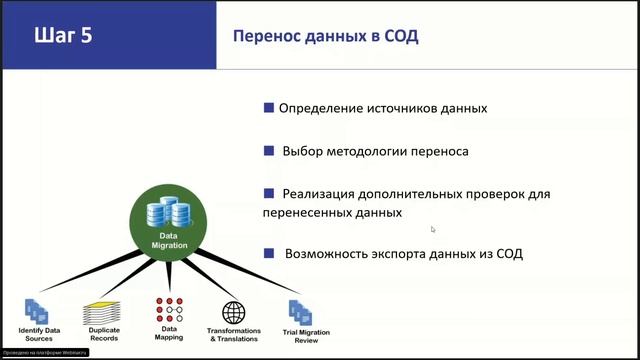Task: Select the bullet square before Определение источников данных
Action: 269,107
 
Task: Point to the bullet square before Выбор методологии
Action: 269,150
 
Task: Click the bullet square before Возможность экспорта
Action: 269,253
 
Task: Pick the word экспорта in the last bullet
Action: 394,254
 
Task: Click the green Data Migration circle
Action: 168,223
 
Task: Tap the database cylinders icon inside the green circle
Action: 168,213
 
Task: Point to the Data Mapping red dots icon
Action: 168,308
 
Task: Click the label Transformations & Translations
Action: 234,335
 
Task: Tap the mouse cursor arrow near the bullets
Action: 433,229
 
